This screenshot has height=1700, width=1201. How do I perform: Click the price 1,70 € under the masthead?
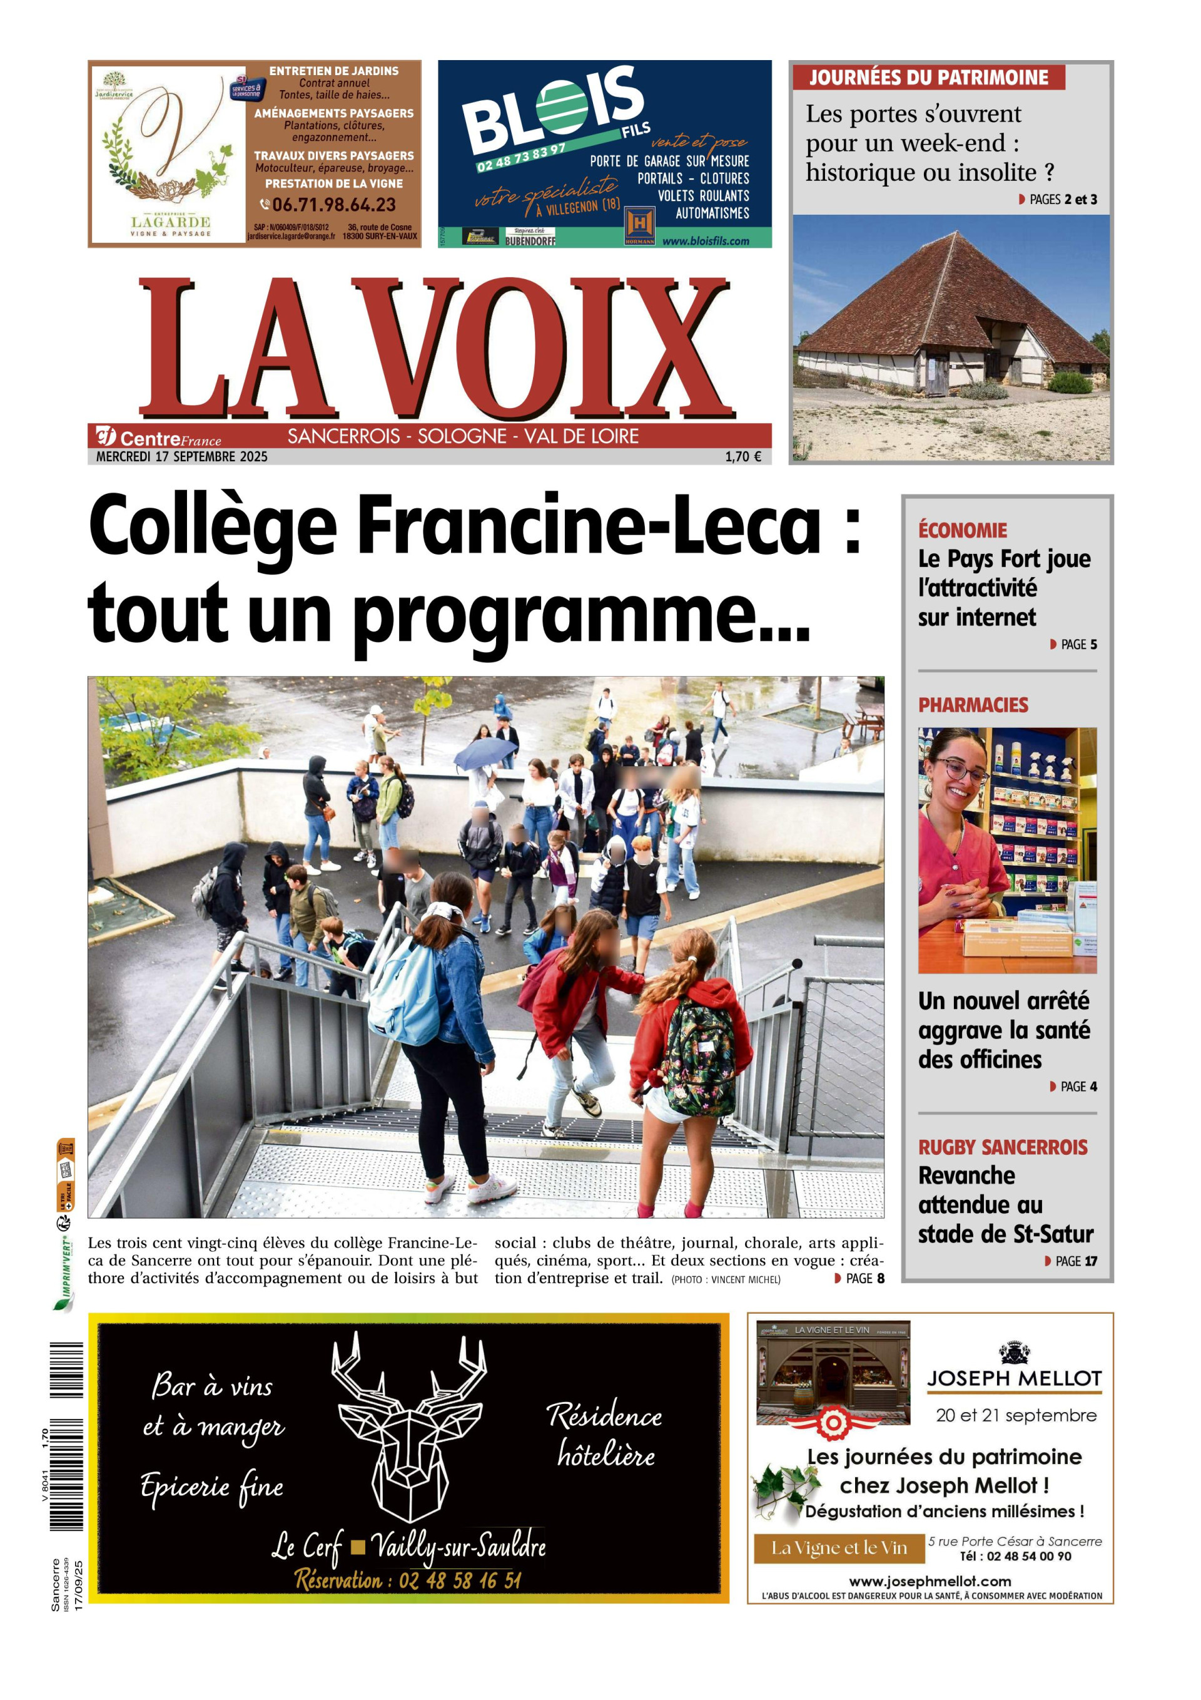pyautogui.click(x=743, y=457)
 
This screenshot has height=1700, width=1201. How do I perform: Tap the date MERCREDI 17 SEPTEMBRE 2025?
pyautogui.click(x=182, y=457)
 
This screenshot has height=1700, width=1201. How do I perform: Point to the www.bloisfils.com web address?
pyautogui.click(x=705, y=240)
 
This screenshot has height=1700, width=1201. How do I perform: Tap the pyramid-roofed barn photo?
pyautogui.click(x=951, y=337)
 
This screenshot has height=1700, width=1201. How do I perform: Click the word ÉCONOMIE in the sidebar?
pyautogui.click(x=962, y=530)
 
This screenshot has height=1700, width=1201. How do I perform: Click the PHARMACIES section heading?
pyautogui.click(x=973, y=705)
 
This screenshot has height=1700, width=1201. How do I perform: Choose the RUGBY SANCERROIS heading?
pyautogui.click(x=1003, y=1148)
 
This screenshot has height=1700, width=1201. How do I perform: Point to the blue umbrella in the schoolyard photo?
pyautogui.click(x=485, y=753)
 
